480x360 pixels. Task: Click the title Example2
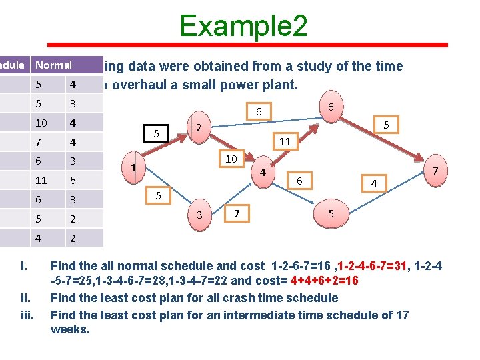(243, 26)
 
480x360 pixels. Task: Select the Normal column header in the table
(53, 65)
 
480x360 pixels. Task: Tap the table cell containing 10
(41, 123)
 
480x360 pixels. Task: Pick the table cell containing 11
(41, 180)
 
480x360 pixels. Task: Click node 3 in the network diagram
(199, 214)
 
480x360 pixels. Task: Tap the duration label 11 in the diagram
(285, 141)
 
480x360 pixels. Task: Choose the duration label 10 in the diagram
(231, 159)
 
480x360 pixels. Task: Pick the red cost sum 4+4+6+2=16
(323, 281)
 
